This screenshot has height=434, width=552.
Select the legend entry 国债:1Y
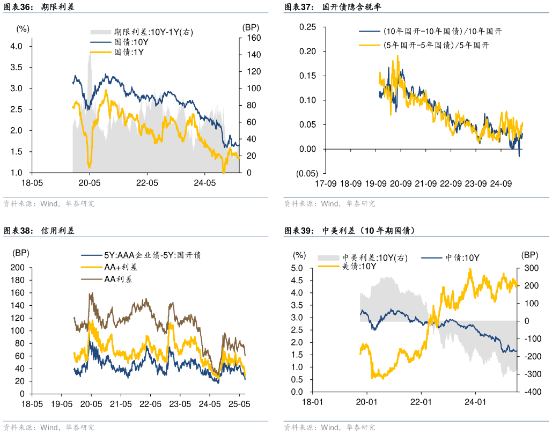coord(129,52)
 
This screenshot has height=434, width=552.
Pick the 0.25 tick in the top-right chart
coord(307,27)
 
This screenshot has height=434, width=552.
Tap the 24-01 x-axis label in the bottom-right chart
coord(475,402)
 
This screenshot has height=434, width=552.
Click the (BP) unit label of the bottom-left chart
coord(22,253)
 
